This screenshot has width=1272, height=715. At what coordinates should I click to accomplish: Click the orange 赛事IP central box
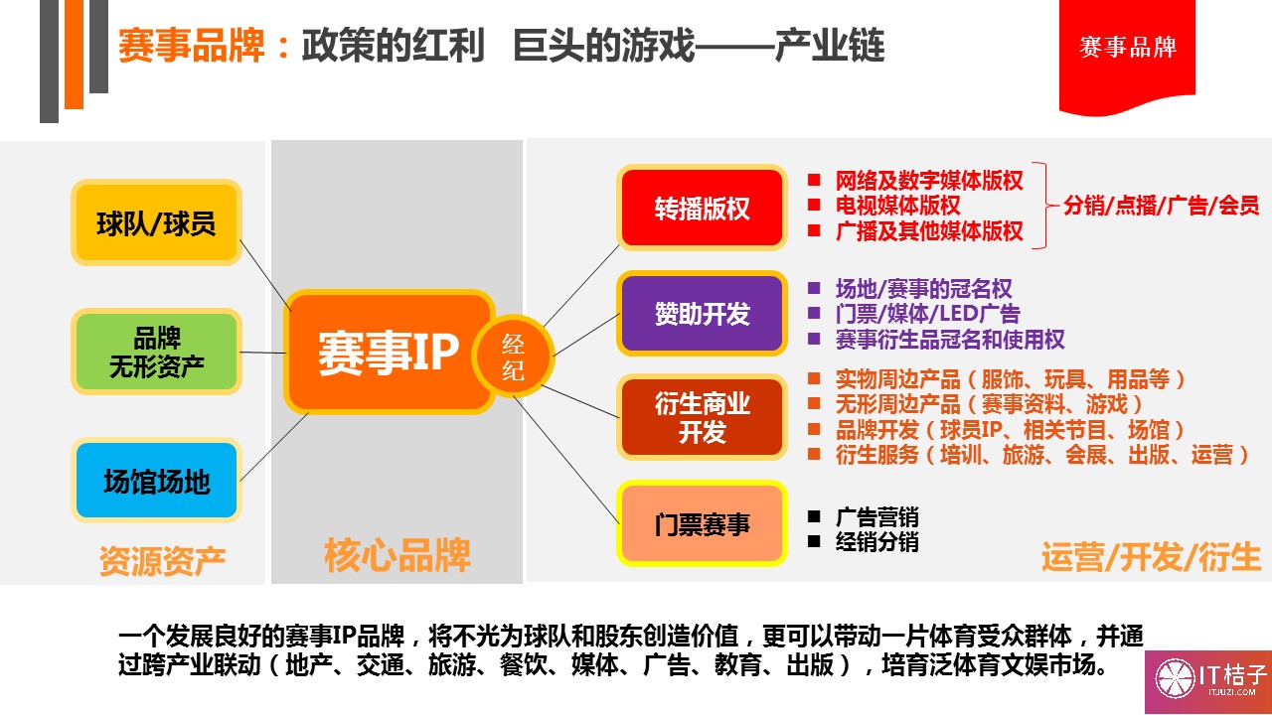pyautogui.click(x=389, y=352)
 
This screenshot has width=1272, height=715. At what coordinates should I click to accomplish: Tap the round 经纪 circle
pyautogui.click(x=513, y=356)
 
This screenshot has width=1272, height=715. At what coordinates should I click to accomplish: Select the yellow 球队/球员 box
pyautogui.click(x=156, y=222)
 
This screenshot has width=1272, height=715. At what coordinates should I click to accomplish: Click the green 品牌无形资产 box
pyautogui.click(x=156, y=352)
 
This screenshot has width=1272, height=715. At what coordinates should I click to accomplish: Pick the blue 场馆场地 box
pyautogui.click(x=156, y=481)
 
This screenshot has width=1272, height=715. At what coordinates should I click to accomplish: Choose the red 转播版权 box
pyautogui.click(x=702, y=208)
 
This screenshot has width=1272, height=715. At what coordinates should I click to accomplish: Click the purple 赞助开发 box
pyautogui.click(x=702, y=313)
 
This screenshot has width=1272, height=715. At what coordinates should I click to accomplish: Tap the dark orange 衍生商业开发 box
pyautogui.click(x=702, y=417)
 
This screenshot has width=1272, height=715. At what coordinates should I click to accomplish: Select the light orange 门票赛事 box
pyautogui.click(x=702, y=523)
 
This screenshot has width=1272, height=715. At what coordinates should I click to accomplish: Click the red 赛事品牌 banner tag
pyautogui.click(x=1127, y=54)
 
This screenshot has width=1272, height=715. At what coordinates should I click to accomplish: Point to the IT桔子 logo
pyautogui.click(x=1208, y=681)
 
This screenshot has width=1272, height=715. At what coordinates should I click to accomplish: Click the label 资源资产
pyautogui.click(x=162, y=561)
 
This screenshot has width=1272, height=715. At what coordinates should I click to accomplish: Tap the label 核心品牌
pyautogui.click(x=397, y=555)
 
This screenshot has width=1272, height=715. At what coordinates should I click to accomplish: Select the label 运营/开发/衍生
pyautogui.click(x=1151, y=557)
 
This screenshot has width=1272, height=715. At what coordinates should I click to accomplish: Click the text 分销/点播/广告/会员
pyautogui.click(x=1161, y=205)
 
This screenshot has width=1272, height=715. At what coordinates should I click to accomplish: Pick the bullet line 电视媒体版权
pyautogui.click(x=897, y=205)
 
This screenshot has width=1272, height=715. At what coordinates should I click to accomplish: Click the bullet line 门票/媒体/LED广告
pyautogui.click(x=927, y=313)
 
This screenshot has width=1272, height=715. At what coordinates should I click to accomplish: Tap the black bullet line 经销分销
pyautogui.click(x=876, y=542)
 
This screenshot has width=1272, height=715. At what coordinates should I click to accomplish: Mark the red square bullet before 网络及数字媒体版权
pyautogui.click(x=814, y=180)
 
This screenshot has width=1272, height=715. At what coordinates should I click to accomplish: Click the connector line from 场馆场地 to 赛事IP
pyautogui.click(x=274, y=447)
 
